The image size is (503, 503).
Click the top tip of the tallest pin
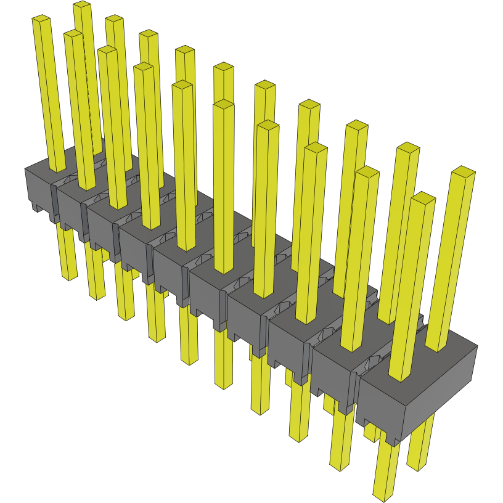tap(82, 6)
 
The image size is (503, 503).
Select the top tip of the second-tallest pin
tap(113, 19)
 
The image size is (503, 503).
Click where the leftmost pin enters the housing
tap(57, 169)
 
